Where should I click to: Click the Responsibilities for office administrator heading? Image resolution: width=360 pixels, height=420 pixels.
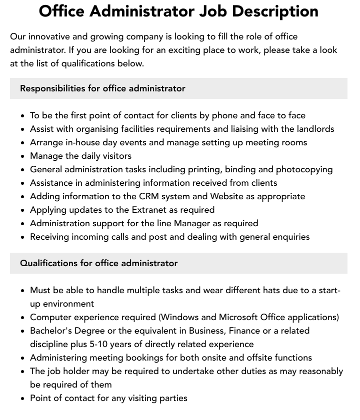pos(102,88)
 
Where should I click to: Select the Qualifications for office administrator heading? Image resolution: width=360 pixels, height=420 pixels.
pos(98,263)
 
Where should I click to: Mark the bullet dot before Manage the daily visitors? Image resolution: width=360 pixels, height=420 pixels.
pos(23,156)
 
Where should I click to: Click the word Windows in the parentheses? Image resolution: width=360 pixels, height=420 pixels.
pos(180,317)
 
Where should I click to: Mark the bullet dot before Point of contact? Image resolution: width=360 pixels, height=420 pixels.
pos(23,399)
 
